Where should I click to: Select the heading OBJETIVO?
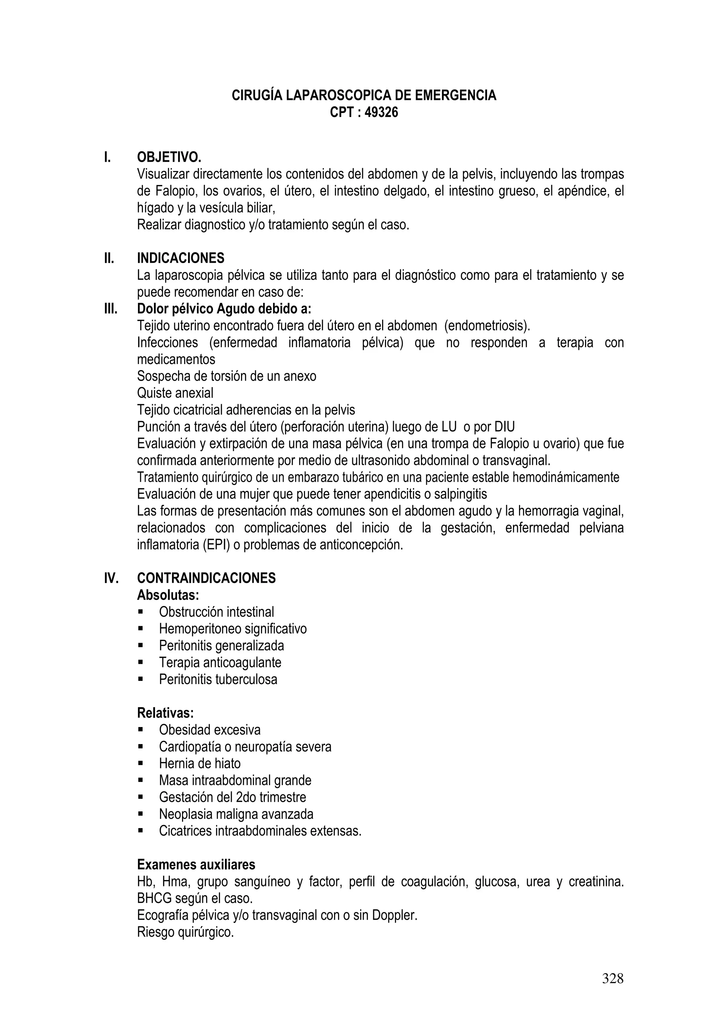169,158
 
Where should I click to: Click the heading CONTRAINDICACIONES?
206,578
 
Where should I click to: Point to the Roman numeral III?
110,309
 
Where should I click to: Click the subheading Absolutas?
168,595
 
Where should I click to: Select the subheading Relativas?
165,713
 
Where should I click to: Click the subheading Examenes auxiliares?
196,864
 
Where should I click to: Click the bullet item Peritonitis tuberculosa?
218,679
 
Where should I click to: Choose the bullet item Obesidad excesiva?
209,730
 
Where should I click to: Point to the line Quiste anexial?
175,393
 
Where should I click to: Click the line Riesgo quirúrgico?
185,932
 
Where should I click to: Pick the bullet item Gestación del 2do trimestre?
232,797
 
